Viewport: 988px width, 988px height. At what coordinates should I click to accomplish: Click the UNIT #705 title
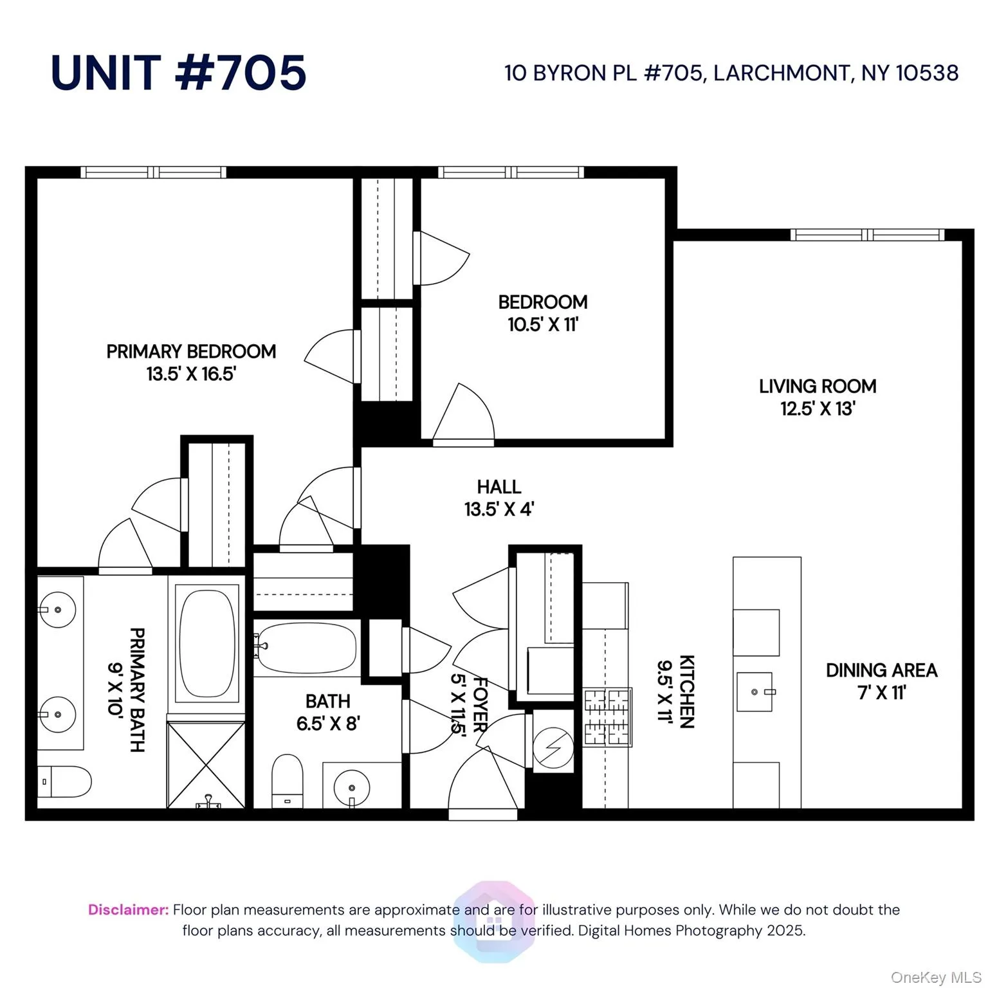pyautogui.click(x=178, y=72)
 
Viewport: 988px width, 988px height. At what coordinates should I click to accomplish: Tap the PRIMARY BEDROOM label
pyautogui.click(x=191, y=352)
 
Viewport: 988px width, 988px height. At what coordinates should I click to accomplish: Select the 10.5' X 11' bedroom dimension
pyautogui.click(x=543, y=324)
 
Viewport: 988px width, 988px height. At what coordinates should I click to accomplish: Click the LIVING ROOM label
pyautogui.click(x=817, y=386)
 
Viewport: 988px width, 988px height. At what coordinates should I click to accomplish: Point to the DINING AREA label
pyautogui.click(x=881, y=670)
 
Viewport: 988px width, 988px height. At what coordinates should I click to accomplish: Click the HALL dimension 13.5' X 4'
pyautogui.click(x=499, y=509)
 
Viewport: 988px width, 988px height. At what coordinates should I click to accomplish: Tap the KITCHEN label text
pyautogui.click(x=687, y=691)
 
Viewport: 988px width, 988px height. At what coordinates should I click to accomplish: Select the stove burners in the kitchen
pyautogui.click(x=607, y=717)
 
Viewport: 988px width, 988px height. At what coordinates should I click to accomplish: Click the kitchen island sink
pyautogui.click(x=755, y=692)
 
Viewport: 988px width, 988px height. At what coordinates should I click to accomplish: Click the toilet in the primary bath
pyautogui.click(x=64, y=782)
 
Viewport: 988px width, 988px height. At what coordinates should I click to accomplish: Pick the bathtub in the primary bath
pyautogui.click(x=207, y=643)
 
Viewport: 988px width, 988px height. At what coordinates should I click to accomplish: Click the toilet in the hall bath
pyautogui.click(x=288, y=780)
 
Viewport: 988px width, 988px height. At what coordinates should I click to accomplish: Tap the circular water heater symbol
pyautogui.click(x=554, y=747)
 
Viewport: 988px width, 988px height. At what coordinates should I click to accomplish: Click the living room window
pyautogui.click(x=868, y=235)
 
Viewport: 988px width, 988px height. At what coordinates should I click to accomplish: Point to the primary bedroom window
pyautogui.click(x=153, y=172)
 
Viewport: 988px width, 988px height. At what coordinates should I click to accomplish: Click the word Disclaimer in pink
pyautogui.click(x=129, y=910)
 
